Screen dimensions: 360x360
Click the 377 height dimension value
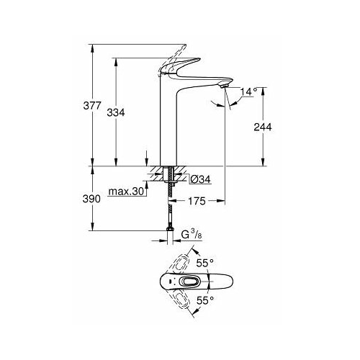tap(92, 106)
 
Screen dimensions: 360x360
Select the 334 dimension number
tap(116, 112)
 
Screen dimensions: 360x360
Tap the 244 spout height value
tap(263, 127)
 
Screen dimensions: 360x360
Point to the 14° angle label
tap(249, 91)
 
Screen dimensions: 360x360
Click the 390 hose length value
tap(91, 199)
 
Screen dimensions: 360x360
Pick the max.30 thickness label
tap(126, 192)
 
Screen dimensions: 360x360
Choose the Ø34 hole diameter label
tap(201, 179)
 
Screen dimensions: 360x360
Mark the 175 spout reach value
tap(197, 201)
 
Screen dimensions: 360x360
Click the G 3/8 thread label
tap(192, 235)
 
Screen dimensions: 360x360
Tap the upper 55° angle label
tap(205, 264)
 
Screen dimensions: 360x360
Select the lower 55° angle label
tap(205, 300)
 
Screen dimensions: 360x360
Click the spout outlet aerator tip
tap(225, 86)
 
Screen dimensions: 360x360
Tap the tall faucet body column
tap(168, 120)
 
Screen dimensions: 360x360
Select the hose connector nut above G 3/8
tap(170, 229)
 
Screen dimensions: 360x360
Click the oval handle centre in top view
tap(189, 282)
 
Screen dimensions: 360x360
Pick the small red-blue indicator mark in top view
tap(170, 282)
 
